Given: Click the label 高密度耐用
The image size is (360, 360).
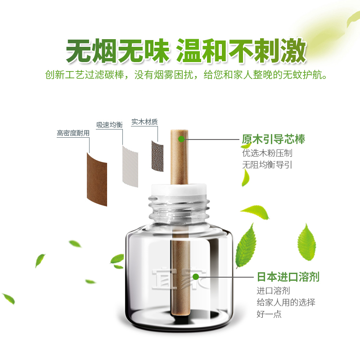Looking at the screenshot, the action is [x=73, y=133].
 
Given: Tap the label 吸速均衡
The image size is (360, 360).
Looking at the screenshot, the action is [x=109, y=125].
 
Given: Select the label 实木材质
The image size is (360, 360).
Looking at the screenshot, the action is [x=144, y=121].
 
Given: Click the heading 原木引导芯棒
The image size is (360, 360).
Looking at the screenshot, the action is [x=273, y=139].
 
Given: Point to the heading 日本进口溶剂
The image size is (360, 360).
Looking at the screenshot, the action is [x=288, y=277].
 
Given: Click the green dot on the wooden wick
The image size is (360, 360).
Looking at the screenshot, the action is [x=181, y=139].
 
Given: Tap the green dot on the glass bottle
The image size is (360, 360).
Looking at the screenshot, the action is [x=196, y=277].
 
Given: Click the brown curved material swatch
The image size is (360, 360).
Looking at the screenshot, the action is [x=97, y=179].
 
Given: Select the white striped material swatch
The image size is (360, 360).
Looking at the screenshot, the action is [x=130, y=166].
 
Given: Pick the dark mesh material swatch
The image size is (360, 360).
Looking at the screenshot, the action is [x=157, y=156].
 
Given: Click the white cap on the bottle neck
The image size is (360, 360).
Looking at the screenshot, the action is [x=179, y=189].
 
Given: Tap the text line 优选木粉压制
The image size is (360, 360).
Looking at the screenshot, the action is [x=267, y=153].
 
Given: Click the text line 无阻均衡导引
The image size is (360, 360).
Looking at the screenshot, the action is [x=267, y=165].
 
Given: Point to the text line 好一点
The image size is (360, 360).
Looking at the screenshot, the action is [x=269, y=314].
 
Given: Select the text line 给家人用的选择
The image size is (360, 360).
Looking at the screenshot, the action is [x=286, y=302].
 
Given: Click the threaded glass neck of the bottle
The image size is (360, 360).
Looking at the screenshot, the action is [x=179, y=209].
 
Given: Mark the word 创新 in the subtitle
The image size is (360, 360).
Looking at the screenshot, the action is [x=54, y=75].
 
